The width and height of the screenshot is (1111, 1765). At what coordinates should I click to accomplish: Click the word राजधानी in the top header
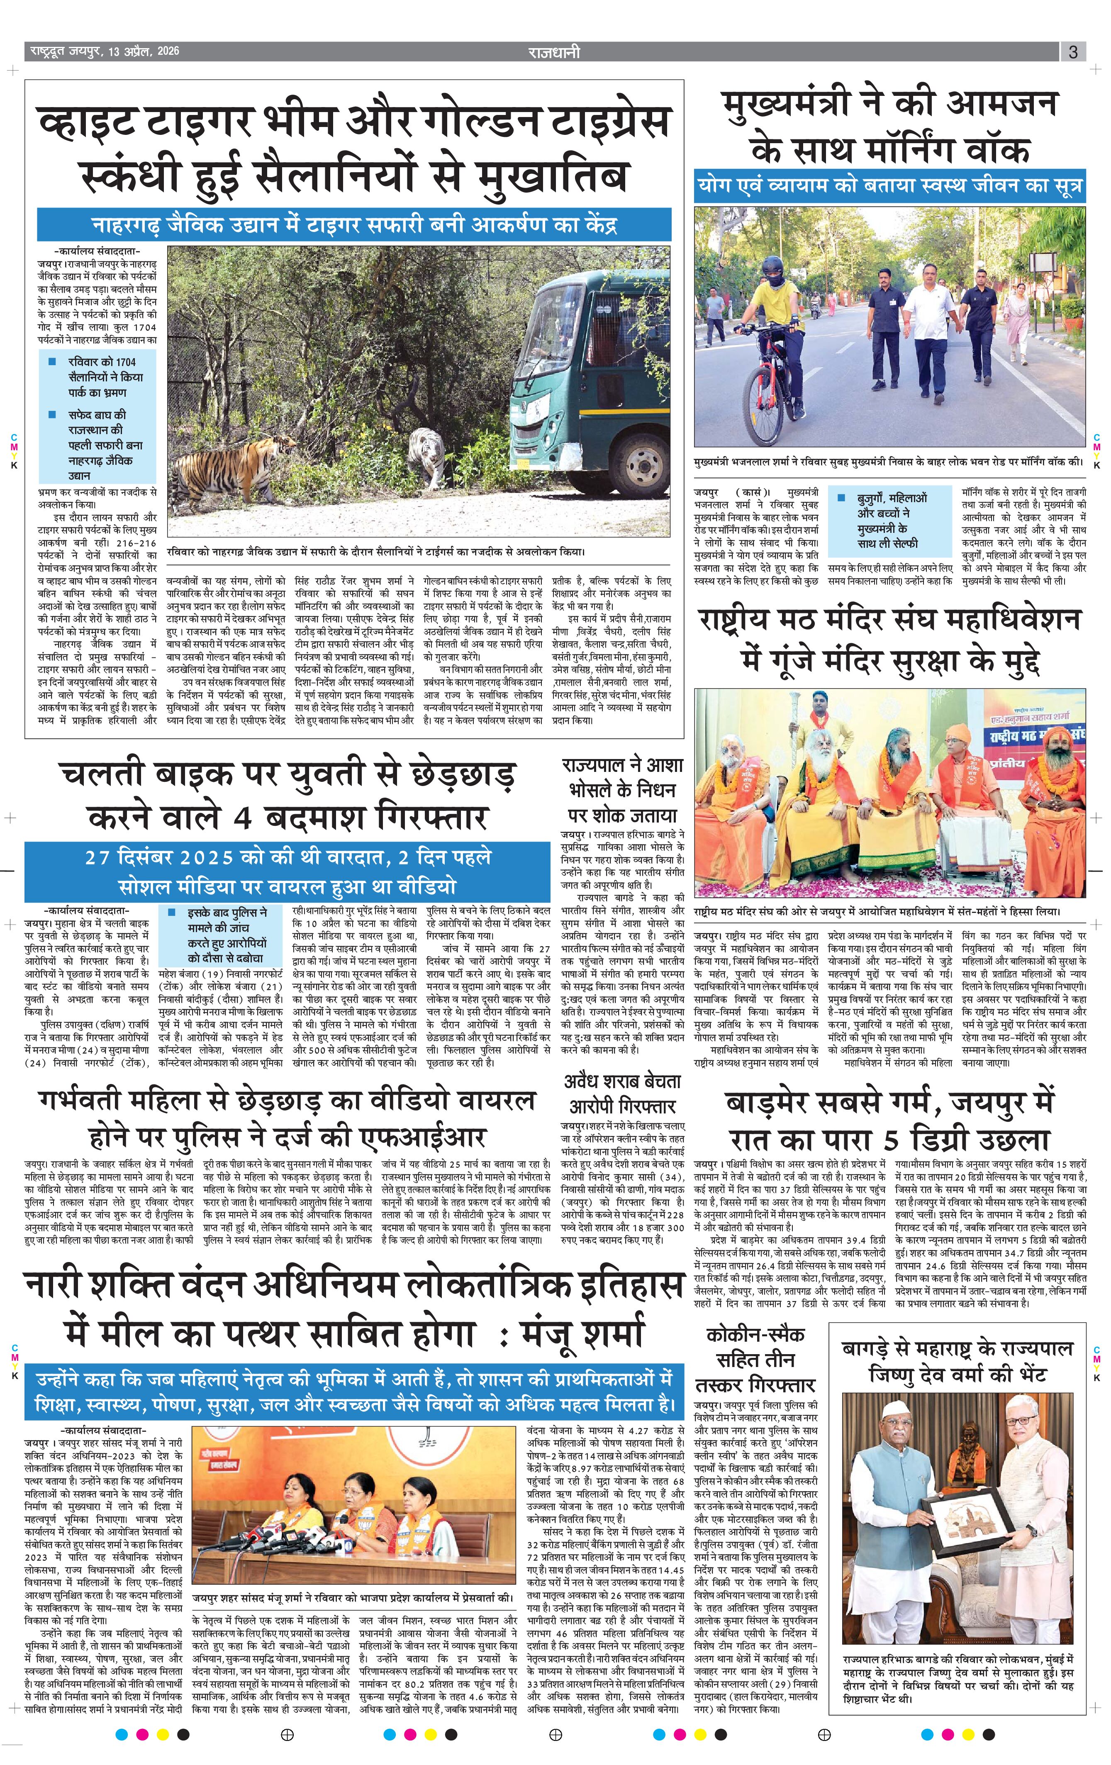tap(554, 51)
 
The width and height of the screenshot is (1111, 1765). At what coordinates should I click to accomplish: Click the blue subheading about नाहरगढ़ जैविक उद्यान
tap(354, 224)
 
